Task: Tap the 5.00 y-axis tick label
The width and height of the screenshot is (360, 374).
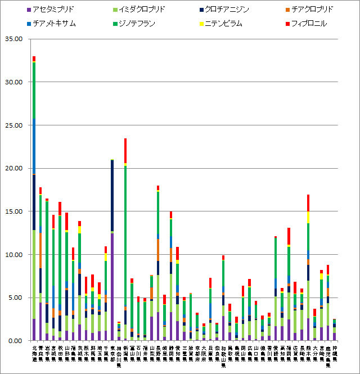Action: tap(14, 298)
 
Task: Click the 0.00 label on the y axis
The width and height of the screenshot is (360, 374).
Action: tap(14, 341)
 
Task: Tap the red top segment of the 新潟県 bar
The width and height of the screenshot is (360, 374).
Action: tap(125, 151)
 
